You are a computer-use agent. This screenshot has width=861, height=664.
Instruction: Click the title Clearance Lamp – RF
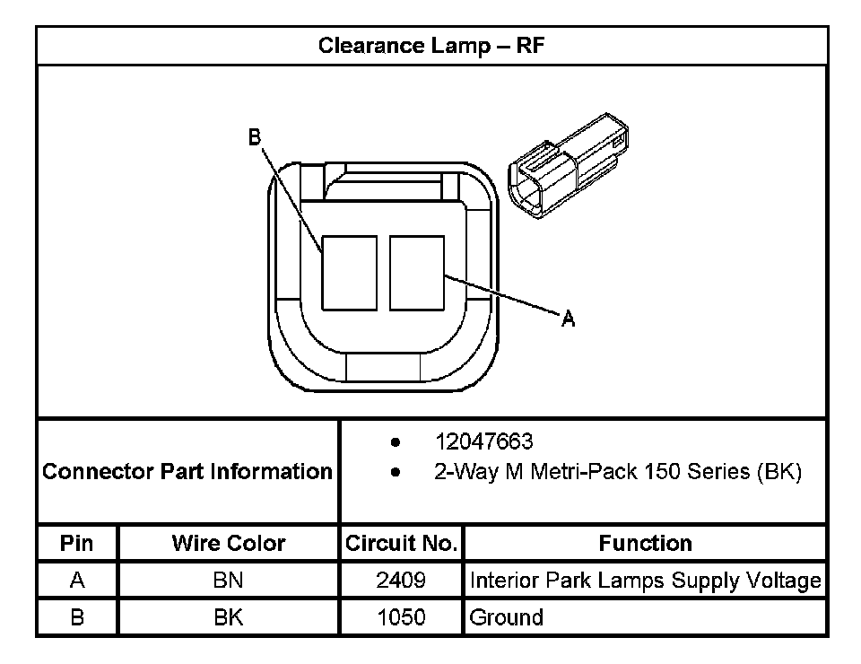click(x=431, y=46)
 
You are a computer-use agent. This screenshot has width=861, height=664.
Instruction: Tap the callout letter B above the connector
click(x=255, y=136)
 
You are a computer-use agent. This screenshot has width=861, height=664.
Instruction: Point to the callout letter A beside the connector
click(x=568, y=318)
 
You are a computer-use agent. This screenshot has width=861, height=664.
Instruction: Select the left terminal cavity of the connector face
click(x=350, y=273)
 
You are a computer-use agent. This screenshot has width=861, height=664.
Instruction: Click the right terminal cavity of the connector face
click(x=417, y=273)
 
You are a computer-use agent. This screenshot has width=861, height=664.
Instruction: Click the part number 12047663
click(x=483, y=441)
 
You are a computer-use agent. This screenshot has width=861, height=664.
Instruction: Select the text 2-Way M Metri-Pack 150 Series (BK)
click(x=617, y=471)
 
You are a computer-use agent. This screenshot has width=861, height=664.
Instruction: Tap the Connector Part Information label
click(x=187, y=471)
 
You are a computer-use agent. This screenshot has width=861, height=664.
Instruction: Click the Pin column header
click(x=76, y=543)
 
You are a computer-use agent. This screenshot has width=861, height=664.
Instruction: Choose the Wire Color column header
click(x=228, y=543)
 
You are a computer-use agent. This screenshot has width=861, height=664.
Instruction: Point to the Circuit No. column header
click(x=401, y=543)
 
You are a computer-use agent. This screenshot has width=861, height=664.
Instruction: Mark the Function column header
click(x=645, y=543)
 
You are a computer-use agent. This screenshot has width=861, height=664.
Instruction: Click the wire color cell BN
click(x=228, y=581)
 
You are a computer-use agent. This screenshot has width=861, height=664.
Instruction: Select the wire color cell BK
click(x=228, y=617)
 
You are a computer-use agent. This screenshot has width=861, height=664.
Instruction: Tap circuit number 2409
click(x=401, y=581)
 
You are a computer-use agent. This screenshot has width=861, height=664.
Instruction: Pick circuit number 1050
click(x=401, y=617)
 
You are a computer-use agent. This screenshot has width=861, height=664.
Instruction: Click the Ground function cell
click(x=507, y=617)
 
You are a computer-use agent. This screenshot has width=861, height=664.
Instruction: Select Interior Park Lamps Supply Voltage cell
click(x=645, y=581)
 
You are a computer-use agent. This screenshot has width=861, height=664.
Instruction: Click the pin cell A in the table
click(x=76, y=581)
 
